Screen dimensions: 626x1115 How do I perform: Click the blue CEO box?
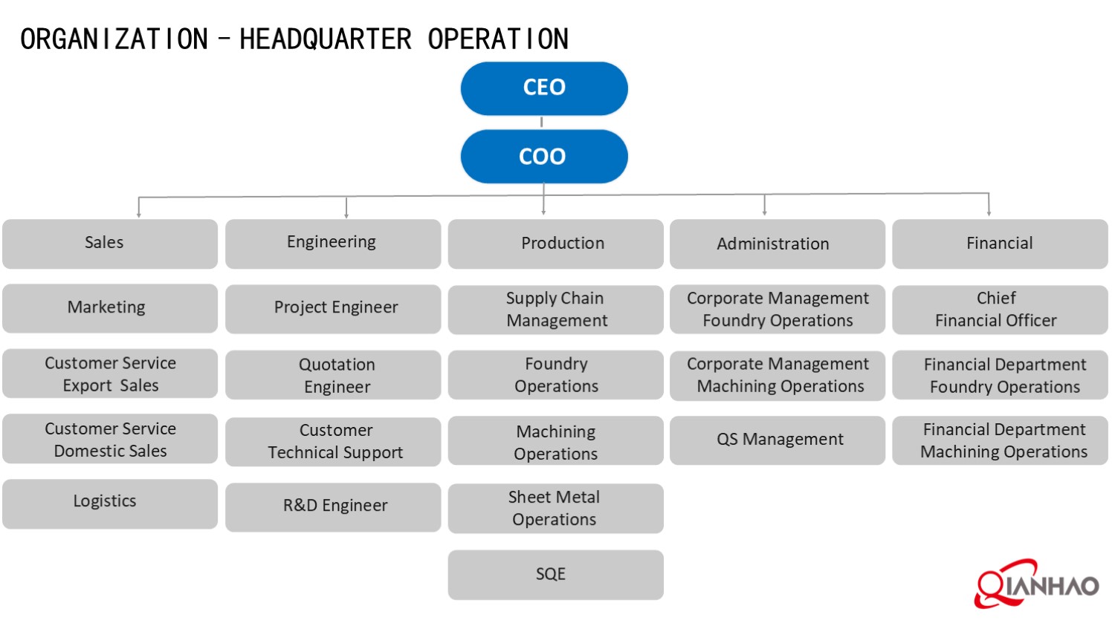[544, 88]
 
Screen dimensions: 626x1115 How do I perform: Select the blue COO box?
[544, 157]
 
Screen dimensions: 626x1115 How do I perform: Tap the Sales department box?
[110, 244]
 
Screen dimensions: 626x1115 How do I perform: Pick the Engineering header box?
[333, 244]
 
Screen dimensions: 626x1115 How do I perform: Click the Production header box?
[555, 244]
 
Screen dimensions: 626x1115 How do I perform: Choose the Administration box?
[777, 244]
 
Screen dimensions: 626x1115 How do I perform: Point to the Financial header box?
[1000, 244]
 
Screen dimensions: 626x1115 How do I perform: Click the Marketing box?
[110, 308]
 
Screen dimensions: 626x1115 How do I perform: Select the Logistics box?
[110, 503]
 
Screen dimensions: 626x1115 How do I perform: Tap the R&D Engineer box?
[333, 506]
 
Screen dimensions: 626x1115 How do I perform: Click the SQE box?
[555, 574]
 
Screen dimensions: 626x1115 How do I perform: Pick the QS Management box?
[777, 440]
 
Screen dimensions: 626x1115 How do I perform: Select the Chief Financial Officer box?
[1000, 309]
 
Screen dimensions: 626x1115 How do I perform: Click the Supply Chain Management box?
[555, 309]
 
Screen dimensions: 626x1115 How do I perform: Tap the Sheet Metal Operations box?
[555, 508]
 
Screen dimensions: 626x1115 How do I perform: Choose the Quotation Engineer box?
[333, 375]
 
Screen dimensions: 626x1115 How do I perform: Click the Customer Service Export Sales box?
[110, 374]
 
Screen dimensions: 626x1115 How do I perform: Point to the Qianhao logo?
[1036, 584]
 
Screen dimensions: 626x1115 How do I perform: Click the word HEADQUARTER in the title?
[325, 39]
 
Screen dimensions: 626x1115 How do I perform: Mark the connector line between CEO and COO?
[542, 123]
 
